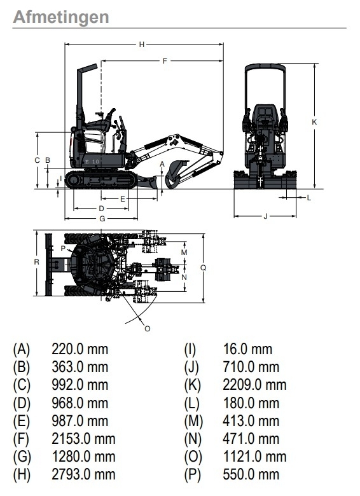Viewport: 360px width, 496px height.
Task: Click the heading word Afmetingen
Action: (61, 17)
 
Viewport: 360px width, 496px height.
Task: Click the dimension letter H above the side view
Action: (142, 45)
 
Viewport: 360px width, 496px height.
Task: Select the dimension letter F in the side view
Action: (165, 61)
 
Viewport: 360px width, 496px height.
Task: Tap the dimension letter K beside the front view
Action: (314, 122)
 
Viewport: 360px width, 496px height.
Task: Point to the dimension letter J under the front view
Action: (266, 216)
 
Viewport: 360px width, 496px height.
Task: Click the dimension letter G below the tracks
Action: (102, 219)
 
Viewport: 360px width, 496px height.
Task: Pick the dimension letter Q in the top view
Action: (204, 268)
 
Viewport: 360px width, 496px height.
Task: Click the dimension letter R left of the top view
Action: (37, 262)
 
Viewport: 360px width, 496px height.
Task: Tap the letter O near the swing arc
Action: (148, 329)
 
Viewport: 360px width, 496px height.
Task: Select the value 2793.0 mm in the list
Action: (83, 474)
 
